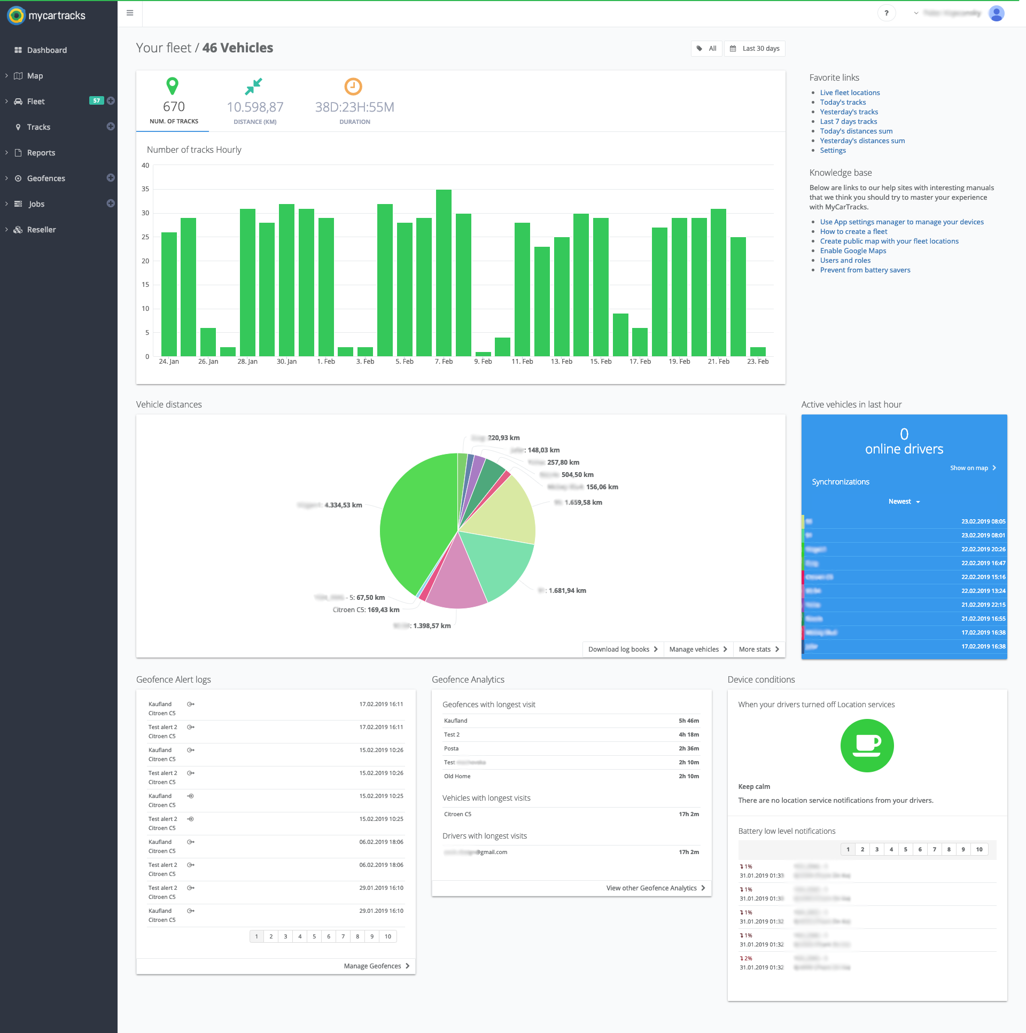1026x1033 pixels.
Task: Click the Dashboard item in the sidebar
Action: click(x=46, y=50)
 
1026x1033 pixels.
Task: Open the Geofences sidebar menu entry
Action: click(x=46, y=178)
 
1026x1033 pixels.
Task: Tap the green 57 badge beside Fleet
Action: click(x=96, y=100)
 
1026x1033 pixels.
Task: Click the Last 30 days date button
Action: click(x=755, y=49)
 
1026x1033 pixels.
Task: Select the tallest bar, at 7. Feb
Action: click(x=444, y=273)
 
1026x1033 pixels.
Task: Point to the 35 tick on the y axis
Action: click(x=145, y=189)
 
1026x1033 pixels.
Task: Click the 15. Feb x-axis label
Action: click(x=600, y=362)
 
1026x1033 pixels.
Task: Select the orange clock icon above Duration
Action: click(x=353, y=87)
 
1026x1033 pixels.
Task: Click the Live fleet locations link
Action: click(x=850, y=93)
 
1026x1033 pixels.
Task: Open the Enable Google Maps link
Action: click(x=853, y=251)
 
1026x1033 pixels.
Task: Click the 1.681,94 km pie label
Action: click(x=567, y=591)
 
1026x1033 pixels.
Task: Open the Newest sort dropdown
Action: click(x=904, y=502)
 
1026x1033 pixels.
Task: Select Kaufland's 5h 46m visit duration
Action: click(x=688, y=721)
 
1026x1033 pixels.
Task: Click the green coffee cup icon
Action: click(x=867, y=746)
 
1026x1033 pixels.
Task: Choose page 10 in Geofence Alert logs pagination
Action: click(x=388, y=937)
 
